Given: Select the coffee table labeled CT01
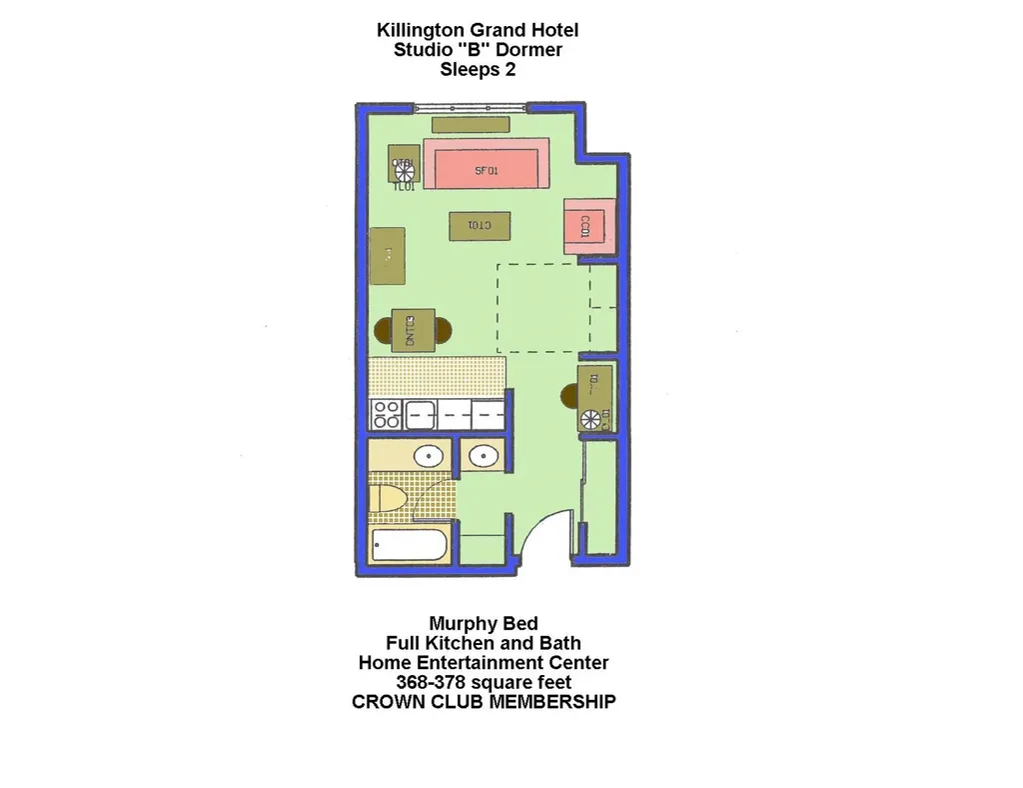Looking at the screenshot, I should pyautogui.click(x=481, y=226).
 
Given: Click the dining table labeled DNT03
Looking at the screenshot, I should pyautogui.click(x=414, y=329).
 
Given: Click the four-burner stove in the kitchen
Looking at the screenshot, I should pyautogui.click(x=386, y=414).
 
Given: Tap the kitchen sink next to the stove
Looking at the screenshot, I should pyautogui.click(x=419, y=413).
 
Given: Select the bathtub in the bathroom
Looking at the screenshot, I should pyautogui.click(x=409, y=547).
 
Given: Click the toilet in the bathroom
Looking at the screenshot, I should pyautogui.click(x=388, y=499).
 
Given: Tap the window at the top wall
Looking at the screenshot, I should pyautogui.click(x=470, y=106).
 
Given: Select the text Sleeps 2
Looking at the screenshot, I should pyautogui.click(x=478, y=70).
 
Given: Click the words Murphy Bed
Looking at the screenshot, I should pyautogui.click(x=484, y=624).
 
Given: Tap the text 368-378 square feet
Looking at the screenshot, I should pyautogui.click(x=484, y=682).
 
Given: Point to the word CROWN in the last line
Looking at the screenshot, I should pyautogui.click(x=386, y=701).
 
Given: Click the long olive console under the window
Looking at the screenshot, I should pyautogui.click(x=471, y=125).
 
